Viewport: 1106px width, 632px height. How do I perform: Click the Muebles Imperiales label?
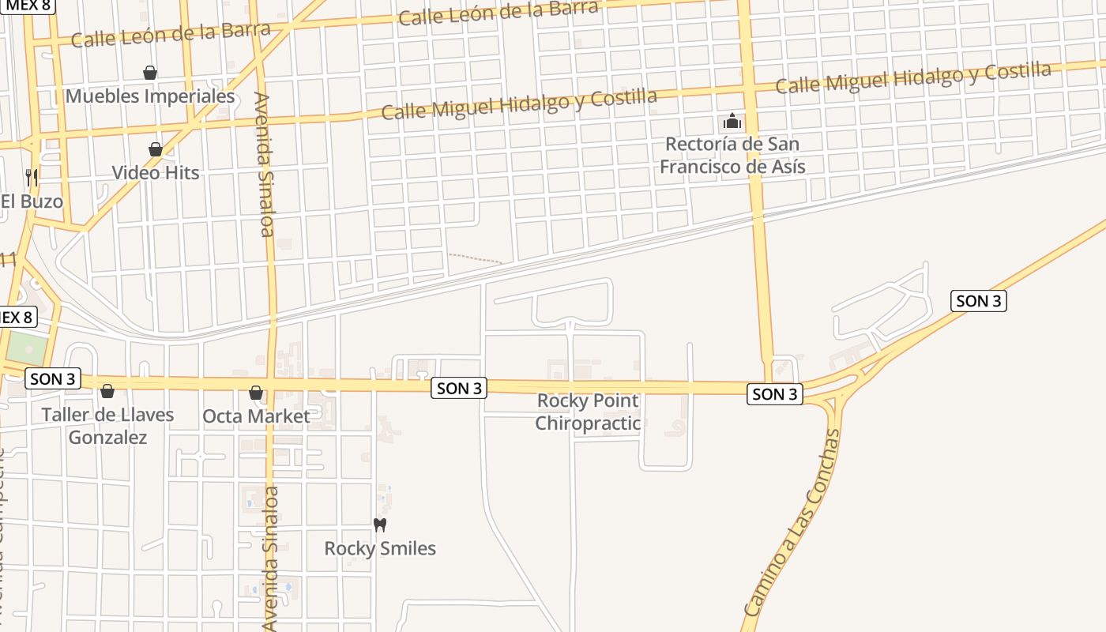pos(150,96)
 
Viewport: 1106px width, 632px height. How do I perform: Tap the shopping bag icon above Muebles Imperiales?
pos(150,73)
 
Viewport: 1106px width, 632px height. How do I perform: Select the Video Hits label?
pos(156,172)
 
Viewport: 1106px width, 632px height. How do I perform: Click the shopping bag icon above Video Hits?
pos(156,149)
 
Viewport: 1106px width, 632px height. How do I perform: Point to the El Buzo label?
pos(32,201)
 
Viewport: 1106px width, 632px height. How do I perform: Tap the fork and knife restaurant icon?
pos(32,177)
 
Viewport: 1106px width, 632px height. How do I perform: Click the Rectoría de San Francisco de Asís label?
pos(732,156)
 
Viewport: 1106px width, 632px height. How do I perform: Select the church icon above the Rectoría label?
pos(732,122)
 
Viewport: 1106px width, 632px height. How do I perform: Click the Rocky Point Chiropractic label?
pos(588,412)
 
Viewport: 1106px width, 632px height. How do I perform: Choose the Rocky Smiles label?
pos(380,548)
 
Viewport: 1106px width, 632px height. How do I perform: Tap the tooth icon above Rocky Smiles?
pos(380,525)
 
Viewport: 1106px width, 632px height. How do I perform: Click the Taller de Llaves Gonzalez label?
pos(107,426)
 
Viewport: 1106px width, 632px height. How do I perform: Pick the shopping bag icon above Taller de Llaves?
pos(107,391)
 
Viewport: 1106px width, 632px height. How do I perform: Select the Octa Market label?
pos(257,416)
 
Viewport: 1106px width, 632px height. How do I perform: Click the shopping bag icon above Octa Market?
pos(256,393)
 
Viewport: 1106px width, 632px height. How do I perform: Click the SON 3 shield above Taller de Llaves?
pos(54,379)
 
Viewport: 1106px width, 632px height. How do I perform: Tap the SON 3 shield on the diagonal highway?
pos(978,301)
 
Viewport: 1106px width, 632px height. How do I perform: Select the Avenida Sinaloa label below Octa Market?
pos(272,558)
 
